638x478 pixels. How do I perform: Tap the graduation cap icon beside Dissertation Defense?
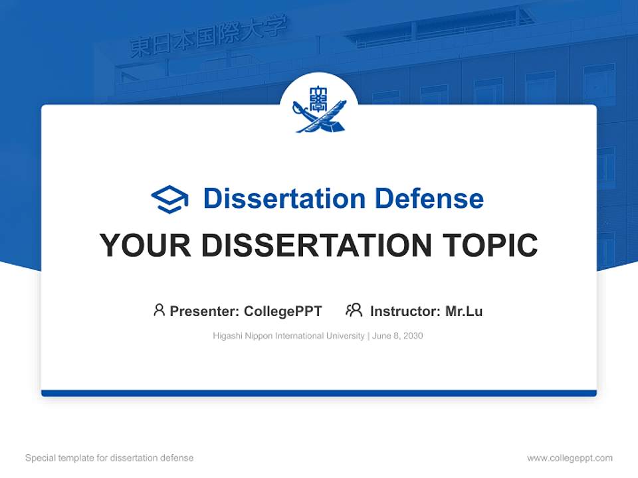click(x=169, y=199)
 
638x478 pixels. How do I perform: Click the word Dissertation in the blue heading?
click(x=284, y=199)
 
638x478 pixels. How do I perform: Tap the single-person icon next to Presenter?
click(x=159, y=310)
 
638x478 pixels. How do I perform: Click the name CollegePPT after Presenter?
click(x=283, y=311)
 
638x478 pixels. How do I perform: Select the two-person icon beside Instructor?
click(x=354, y=310)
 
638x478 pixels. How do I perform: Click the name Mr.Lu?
click(x=464, y=311)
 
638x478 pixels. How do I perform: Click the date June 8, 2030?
click(x=397, y=336)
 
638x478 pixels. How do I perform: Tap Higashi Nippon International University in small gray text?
click(x=289, y=336)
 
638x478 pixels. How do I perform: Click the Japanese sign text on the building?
click(x=209, y=38)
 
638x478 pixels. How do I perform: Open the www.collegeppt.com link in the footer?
click(x=570, y=458)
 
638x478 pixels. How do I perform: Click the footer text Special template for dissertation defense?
click(x=110, y=458)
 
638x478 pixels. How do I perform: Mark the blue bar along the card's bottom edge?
click(x=319, y=393)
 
